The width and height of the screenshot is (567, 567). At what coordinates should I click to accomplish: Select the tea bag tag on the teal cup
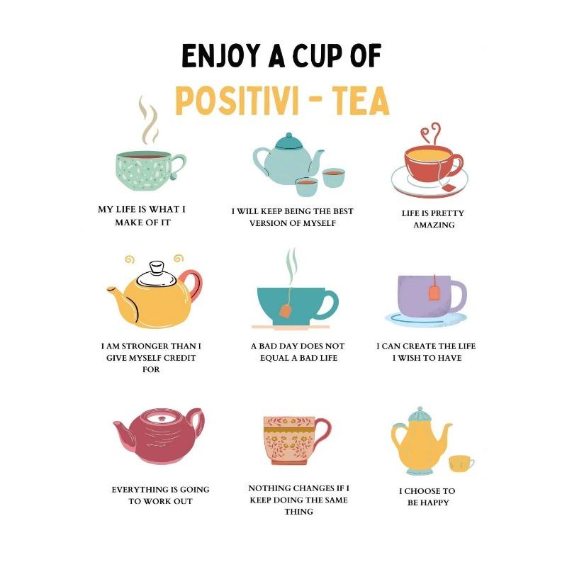pos(285,310)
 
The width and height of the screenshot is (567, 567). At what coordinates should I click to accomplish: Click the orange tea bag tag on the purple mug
pos(434,291)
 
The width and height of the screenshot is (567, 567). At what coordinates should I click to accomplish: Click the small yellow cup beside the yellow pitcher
pos(460,463)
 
